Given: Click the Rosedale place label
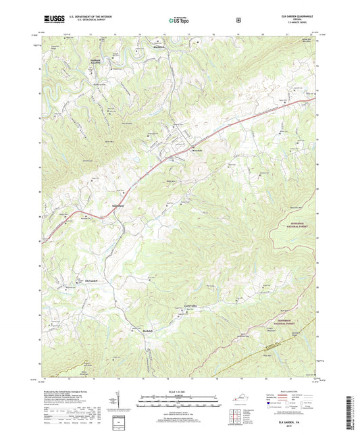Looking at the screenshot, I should tap(197, 150).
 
